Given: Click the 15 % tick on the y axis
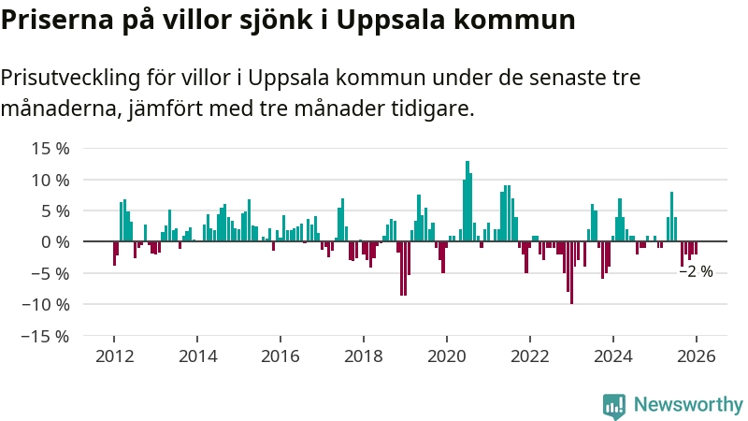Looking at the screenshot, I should [50, 148].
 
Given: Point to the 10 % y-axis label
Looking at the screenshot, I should [50, 180].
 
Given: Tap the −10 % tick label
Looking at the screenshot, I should [46, 304].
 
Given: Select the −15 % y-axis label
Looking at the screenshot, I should [46, 336].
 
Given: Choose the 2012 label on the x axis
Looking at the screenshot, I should [114, 356].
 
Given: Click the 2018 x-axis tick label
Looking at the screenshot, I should [364, 356].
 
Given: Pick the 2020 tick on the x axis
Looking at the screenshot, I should [446, 356].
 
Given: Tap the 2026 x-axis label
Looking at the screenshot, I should [696, 356].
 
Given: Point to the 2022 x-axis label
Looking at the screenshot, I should [529, 356].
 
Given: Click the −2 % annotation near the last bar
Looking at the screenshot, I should [696, 271].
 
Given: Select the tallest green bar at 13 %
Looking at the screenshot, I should [467, 201].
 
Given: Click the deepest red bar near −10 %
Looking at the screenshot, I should [571, 272].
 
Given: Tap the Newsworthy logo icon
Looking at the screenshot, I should [614, 404].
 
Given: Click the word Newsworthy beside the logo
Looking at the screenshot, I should [688, 404].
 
